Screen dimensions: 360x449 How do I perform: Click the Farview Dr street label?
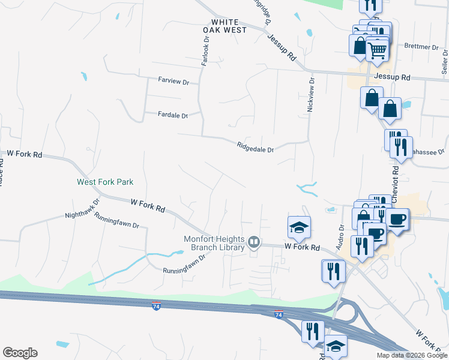pos(173,80)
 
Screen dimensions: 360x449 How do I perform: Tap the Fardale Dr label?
pos(173,115)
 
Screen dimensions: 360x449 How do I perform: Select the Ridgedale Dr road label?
pos(255,146)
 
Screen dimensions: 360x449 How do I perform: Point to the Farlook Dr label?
pos(205,52)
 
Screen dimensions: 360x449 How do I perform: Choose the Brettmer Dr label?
pos(422,46)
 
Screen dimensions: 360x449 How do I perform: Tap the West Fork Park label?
pos(105,182)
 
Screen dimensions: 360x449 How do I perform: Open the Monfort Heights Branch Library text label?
pos(214,243)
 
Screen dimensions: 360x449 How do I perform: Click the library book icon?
pos(254,243)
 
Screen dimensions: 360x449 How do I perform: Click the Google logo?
pos(20,353)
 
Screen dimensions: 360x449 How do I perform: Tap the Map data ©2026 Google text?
pos(411,355)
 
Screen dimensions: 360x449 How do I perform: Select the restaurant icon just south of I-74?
pos(313,331)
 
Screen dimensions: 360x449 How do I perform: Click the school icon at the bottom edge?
pos(336,348)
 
